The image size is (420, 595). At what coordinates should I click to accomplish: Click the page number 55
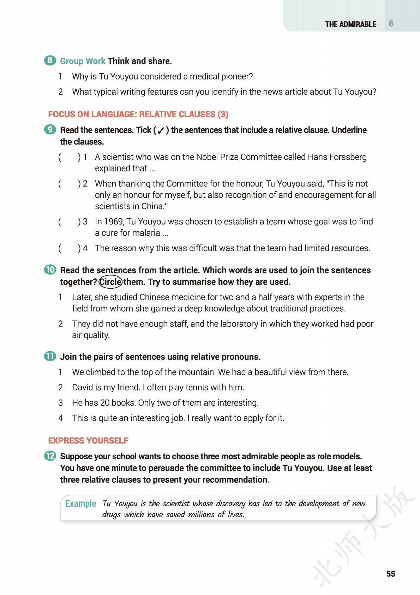[x=391, y=573]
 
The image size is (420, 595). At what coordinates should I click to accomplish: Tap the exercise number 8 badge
[x=50, y=60]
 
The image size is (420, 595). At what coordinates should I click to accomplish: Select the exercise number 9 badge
[x=50, y=130]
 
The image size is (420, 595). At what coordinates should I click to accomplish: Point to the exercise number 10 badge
[x=50, y=270]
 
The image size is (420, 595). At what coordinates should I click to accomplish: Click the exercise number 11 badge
[x=50, y=356]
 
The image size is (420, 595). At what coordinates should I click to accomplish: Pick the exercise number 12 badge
[x=50, y=456]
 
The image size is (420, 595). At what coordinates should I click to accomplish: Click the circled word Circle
[x=110, y=282]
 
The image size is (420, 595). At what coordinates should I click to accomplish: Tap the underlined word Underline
[x=349, y=130]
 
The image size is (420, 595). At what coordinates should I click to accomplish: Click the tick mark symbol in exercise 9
[x=161, y=131]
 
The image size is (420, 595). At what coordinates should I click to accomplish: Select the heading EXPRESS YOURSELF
[x=88, y=441]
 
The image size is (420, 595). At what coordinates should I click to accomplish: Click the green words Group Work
[x=83, y=61]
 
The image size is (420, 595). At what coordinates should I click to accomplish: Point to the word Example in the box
[x=80, y=503]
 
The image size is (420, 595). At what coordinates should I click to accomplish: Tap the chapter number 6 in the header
[x=391, y=23]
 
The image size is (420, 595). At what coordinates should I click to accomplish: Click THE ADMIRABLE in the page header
[x=350, y=24]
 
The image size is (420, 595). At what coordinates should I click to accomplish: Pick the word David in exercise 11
[x=82, y=387]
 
